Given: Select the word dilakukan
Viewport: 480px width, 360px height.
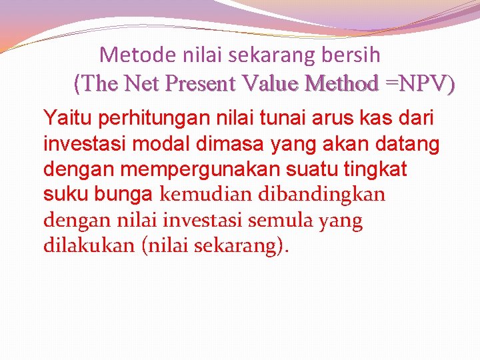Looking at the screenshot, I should click(x=89, y=245).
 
